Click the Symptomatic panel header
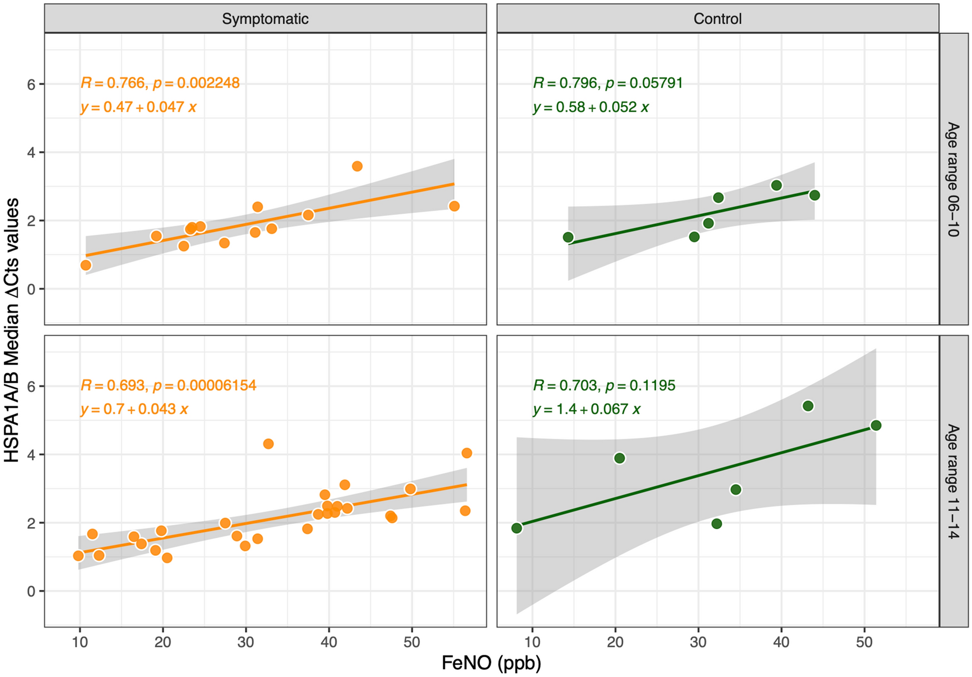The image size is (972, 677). click(x=265, y=19)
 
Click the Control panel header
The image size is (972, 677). click(x=717, y=19)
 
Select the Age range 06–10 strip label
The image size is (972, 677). click(x=953, y=179)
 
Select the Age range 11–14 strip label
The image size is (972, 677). click(x=953, y=481)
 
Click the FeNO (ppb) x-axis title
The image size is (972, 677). click(x=491, y=663)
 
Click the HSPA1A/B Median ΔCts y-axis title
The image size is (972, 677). click(x=12, y=330)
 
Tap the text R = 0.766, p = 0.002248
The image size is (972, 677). click(x=160, y=83)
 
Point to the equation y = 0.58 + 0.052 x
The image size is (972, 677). click(x=590, y=107)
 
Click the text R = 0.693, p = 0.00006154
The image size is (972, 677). click(x=168, y=385)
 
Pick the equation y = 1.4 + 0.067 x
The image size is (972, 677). click(x=587, y=409)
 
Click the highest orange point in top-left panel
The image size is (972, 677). click(x=357, y=166)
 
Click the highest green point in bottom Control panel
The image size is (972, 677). click(x=808, y=406)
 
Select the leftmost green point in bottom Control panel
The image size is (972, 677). click(x=517, y=528)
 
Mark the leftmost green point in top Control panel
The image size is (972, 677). click(x=568, y=237)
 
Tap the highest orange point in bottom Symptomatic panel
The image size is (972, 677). click(x=268, y=444)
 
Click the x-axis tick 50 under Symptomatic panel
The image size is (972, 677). click(x=412, y=643)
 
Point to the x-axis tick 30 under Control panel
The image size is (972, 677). click(x=698, y=643)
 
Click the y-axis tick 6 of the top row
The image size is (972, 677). click(x=32, y=84)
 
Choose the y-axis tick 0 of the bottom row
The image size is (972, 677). click(x=32, y=591)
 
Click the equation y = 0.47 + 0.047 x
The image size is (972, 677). click(x=138, y=107)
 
